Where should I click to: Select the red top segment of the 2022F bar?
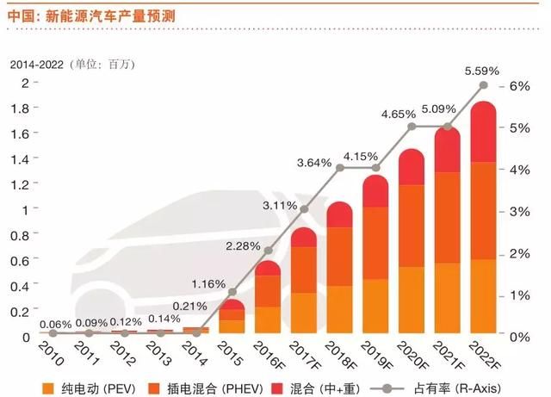(x=482, y=133)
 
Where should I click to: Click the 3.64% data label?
(x=315, y=161)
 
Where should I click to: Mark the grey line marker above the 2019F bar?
(x=375, y=168)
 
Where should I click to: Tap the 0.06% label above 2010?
(x=54, y=323)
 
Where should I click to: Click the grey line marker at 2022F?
(x=483, y=85)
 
